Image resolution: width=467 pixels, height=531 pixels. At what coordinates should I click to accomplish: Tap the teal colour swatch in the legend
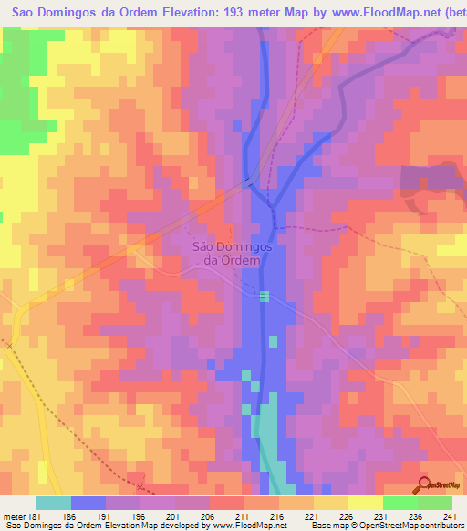click(x=54, y=503)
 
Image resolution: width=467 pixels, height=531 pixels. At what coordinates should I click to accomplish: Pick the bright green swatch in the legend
click(x=400, y=503)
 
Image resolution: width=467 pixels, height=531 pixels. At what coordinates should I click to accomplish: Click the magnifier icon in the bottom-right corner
click(x=424, y=484)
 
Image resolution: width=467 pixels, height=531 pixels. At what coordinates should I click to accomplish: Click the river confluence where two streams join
click(x=273, y=206)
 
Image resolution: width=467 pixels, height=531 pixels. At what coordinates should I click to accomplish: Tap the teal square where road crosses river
click(x=265, y=297)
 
